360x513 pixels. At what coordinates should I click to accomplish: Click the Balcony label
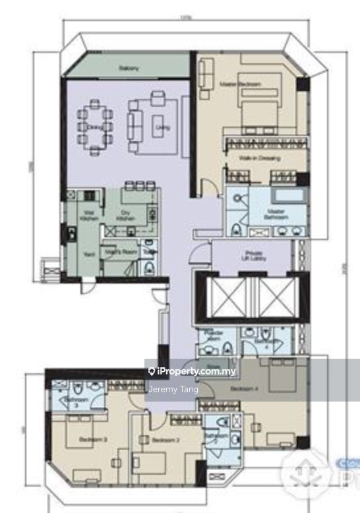[x=129, y=68]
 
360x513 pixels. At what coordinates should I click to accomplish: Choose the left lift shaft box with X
[x=227, y=298]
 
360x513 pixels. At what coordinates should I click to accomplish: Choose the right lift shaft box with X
[x=276, y=298]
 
